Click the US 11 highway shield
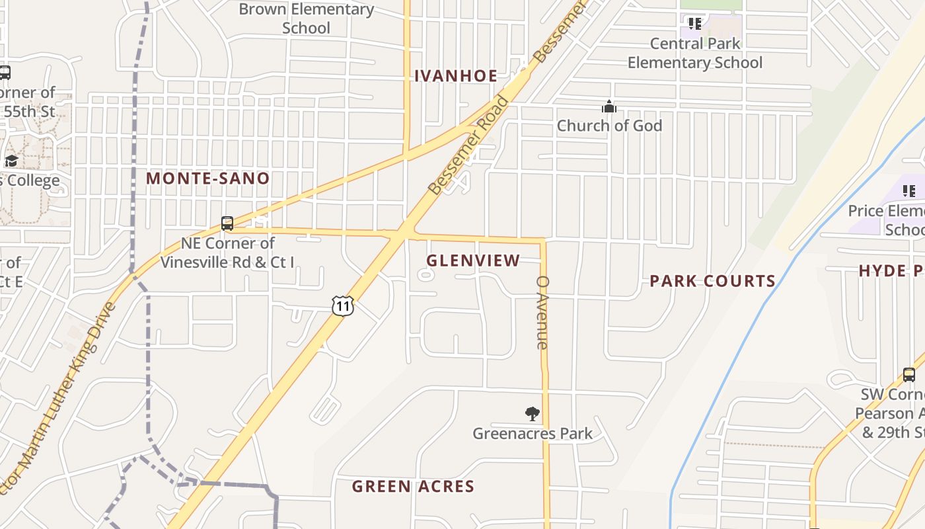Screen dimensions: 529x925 click(343, 305)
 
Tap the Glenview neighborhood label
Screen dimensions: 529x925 click(473, 261)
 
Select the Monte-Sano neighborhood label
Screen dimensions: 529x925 click(208, 179)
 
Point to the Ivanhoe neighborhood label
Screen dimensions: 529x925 click(456, 76)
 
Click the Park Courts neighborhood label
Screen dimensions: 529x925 click(712, 281)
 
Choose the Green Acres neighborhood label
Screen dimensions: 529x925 click(413, 487)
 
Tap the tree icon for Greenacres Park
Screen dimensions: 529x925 click(532, 415)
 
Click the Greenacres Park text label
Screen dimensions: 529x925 click(533, 434)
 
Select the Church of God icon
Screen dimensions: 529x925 click(609, 106)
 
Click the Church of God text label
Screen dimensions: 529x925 click(609, 126)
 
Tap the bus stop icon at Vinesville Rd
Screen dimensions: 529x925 click(227, 224)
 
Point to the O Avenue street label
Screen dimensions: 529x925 click(542, 312)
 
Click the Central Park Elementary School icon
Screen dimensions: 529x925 click(694, 24)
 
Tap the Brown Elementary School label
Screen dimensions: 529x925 click(306, 19)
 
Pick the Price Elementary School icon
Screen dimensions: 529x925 click(909, 191)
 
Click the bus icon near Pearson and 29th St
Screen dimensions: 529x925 click(909, 375)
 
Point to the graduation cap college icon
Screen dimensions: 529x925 click(11, 161)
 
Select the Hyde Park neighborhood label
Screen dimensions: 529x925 click(891, 270)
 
